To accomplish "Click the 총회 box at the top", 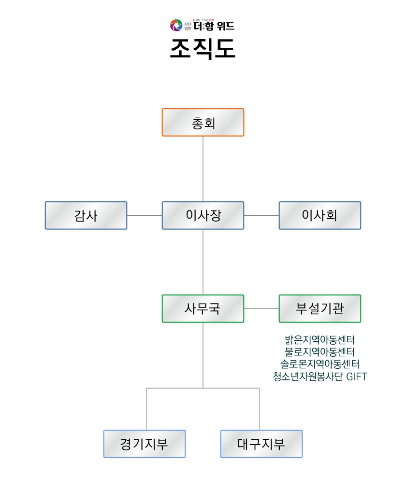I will tap(203, 123).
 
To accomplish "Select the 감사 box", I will tap(86, 215).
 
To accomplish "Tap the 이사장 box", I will tap(203, 215).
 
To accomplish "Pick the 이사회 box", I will tap(320, 215).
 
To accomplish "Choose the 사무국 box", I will tap(203, 308).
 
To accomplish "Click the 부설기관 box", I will tap(320, 308).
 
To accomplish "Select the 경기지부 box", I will tap(145, 444).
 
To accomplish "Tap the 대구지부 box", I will tap(261, 444).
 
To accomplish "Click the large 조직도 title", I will tap(203, 48).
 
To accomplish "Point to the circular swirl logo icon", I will tap(175, 25).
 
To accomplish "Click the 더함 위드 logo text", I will tap(214, 26).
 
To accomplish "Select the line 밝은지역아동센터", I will tap(320, 340).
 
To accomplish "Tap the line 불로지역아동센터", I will tap(320, 352).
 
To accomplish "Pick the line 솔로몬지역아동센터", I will tap(320, 364).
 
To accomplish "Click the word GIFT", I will tap(357, 376).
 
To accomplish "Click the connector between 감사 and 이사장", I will tap(145, 215).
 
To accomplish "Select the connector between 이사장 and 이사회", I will tap(261, 215).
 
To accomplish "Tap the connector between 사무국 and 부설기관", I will tap(261, 308).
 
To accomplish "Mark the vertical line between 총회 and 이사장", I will tap(203, 169).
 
